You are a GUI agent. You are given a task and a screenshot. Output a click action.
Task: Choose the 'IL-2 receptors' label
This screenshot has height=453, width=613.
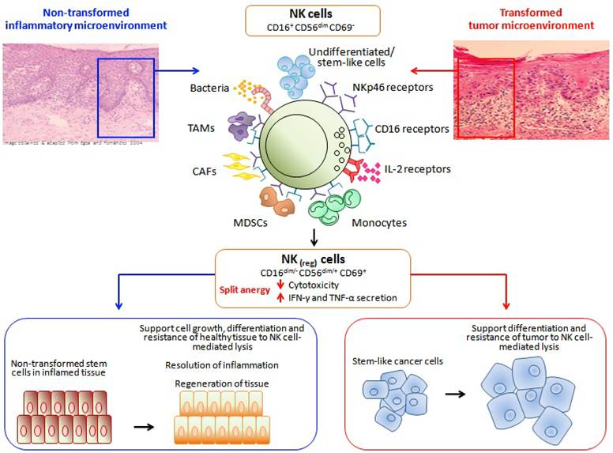pos(405,169)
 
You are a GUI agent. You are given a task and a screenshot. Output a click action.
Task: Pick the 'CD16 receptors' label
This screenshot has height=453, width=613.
pos(412,128)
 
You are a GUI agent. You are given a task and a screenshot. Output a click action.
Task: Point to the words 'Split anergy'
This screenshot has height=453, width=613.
pos(246,290)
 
